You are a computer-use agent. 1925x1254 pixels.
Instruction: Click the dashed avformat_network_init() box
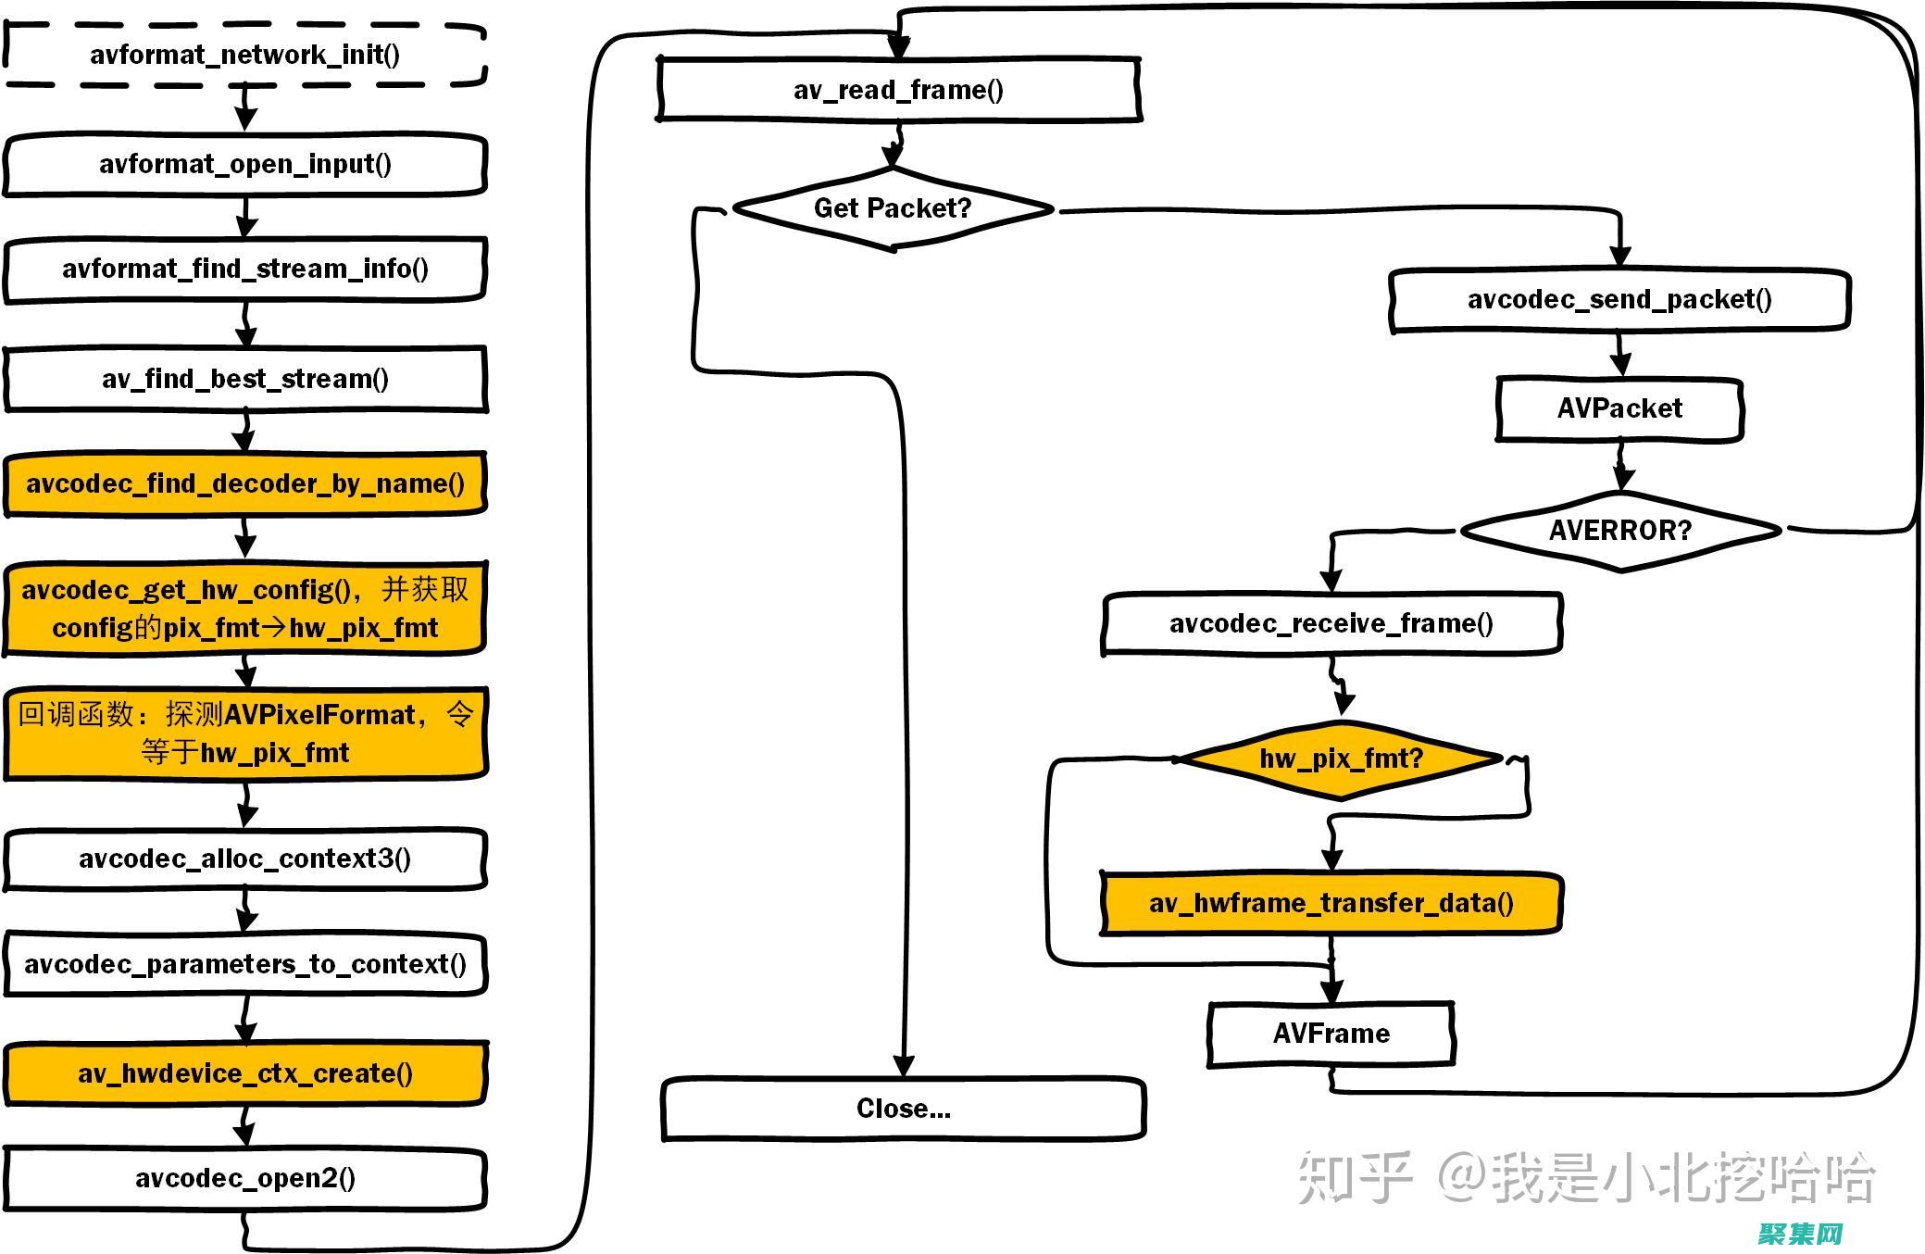click(x=245, y=56)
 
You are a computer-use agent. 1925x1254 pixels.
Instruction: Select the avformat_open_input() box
click(x=245, y=165)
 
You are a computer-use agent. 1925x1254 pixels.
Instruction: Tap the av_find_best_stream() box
click(x=245, y=379)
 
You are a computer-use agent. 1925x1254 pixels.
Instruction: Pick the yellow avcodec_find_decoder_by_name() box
click(x=245, y=483)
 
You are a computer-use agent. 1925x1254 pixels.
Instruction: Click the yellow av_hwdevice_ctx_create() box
click(x=245, y=1073)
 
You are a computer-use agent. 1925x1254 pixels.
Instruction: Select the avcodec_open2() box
click(x=245, y=1178)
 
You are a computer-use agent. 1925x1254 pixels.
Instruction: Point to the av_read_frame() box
click(x=898, y=90)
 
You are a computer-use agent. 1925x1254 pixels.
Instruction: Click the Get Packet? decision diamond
click(x=893, y=208)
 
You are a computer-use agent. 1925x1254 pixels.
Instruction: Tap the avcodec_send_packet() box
click(x=1619, y=299)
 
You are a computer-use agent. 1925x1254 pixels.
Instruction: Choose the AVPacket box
click(x=1619, y=408)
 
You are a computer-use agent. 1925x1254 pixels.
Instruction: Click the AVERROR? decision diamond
click(x=1619, y=531)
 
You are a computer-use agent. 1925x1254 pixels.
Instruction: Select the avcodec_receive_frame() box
click(x=1331, y=623)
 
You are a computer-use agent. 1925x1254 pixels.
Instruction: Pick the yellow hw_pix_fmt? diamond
click(x=1340, y=759)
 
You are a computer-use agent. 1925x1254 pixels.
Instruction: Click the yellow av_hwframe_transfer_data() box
click(x=1331, y=903)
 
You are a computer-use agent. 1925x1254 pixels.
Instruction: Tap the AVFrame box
click(x=1331, y=1034)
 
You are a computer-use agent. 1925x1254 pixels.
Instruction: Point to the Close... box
click(x=903, y=1109)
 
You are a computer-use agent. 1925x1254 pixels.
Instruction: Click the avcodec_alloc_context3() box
click(x=245, y=859)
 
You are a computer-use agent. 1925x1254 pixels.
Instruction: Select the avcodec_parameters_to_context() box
click(x=245, y=964)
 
